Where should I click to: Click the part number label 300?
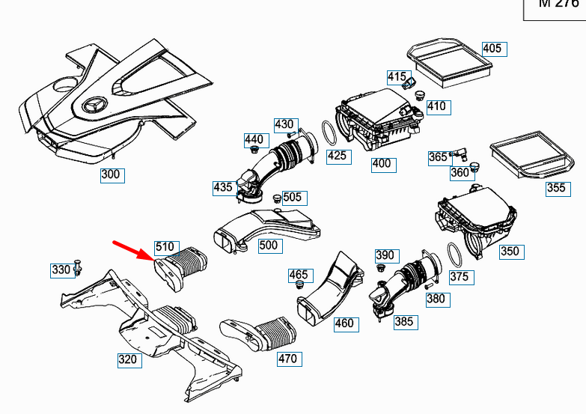point(112,176)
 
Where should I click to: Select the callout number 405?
point(492,49)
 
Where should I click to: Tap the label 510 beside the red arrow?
point(165,247)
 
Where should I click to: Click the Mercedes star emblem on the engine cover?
point(97,106)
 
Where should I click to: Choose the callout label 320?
point(128,359)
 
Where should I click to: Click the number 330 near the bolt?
point(61,270)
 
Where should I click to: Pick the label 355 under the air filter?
point(556,188)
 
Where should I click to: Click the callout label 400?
point(381,163)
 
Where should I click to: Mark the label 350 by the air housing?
point(509,252)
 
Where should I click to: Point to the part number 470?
point(287,359)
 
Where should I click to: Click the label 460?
point(344,324)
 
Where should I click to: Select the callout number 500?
point(268,245)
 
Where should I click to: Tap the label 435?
point(223,187)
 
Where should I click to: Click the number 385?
point(403,323)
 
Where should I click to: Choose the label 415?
point(397,76)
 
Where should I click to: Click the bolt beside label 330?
point(79,268)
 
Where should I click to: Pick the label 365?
point(438,157)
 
